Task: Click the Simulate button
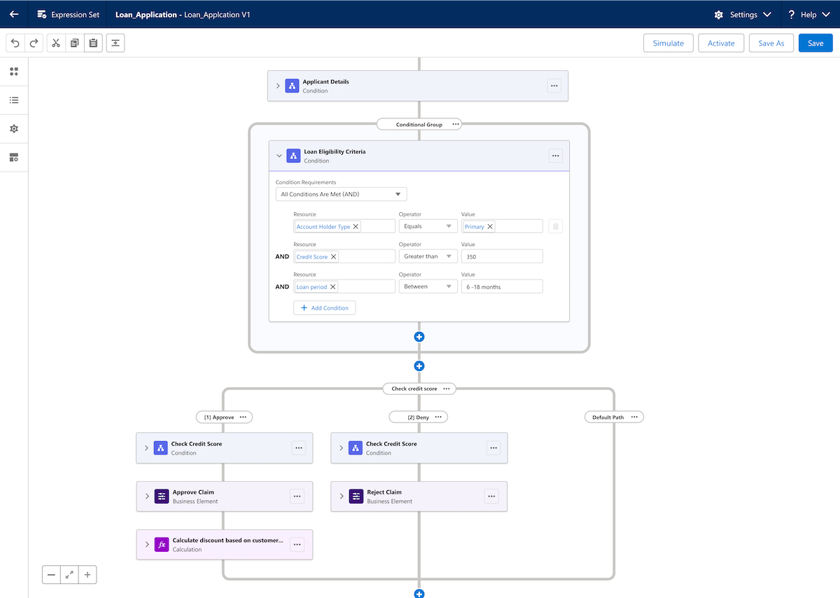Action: click(668, 43)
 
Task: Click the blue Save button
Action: click(815, 43)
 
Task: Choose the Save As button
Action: click(771, 43)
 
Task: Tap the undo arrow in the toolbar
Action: click(15, 43)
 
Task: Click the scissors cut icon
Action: click(56, 43)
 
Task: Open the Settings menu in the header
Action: click(743, 15)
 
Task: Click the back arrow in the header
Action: click(14, 14)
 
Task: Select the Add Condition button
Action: click(324, 307)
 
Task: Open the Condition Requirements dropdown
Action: click(341, 194)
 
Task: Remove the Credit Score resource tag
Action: click(333, 256)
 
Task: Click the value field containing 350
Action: click(502, 256)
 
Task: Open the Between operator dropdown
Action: click(428, 286)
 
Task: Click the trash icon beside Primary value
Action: click(555, 226)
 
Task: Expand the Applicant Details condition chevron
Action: click(278, 86)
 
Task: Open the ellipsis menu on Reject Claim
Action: click(491, 496)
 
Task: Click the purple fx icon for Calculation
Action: click(162, 544)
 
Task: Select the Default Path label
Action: click(608, 417)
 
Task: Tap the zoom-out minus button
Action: click(51, 575)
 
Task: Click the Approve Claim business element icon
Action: click(162, 496)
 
